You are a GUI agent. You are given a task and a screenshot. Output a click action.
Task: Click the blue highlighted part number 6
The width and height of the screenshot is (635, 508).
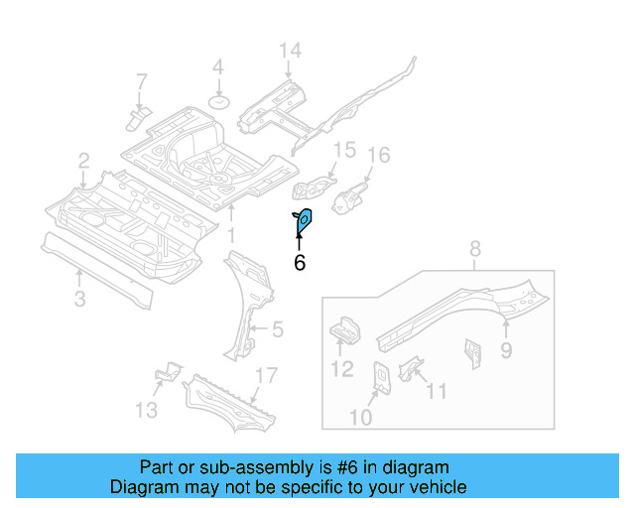click(304, 223)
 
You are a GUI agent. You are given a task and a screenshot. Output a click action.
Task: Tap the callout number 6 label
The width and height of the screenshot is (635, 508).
click(299, 262)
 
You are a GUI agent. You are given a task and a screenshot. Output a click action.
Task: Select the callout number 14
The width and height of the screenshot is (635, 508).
click(289, 52)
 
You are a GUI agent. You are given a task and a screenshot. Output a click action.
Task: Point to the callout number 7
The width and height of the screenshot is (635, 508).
click(141, 81)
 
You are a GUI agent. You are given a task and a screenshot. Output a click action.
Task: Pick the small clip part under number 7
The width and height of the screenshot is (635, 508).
click(137, 118)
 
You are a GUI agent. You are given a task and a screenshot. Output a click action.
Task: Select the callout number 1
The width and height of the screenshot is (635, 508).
click(230, 235)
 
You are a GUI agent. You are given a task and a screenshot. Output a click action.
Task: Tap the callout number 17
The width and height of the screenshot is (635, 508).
click(265, 375)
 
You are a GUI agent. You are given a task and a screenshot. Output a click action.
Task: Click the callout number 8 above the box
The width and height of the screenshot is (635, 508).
click(474, 249)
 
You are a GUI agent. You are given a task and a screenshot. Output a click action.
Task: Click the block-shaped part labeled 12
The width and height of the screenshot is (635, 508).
click(342, 329)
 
